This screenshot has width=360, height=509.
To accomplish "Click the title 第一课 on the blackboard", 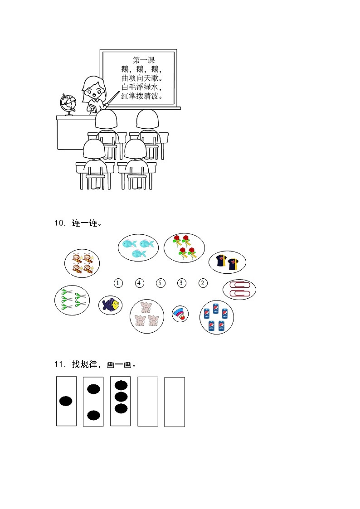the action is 144,60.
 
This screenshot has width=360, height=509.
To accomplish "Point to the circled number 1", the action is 118,283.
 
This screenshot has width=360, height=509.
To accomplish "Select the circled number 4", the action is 139,283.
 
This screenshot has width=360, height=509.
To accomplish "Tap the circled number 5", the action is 161,283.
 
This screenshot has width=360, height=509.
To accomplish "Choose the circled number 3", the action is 181,283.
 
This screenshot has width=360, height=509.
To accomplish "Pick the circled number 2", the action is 203,283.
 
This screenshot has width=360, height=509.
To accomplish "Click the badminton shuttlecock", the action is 180,314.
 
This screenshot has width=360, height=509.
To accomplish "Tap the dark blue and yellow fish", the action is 110,305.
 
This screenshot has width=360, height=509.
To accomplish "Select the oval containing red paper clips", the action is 239,290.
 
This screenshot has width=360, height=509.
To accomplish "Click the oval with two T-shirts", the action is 227,262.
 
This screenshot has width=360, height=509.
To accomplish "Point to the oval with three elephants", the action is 147,316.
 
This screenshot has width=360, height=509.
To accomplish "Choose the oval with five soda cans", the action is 217,317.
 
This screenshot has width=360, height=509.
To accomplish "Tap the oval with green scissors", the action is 72,300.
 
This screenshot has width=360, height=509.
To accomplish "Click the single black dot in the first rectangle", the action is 66,401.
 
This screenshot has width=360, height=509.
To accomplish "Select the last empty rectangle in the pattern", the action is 175,402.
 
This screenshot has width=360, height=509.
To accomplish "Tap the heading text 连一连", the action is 84,223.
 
